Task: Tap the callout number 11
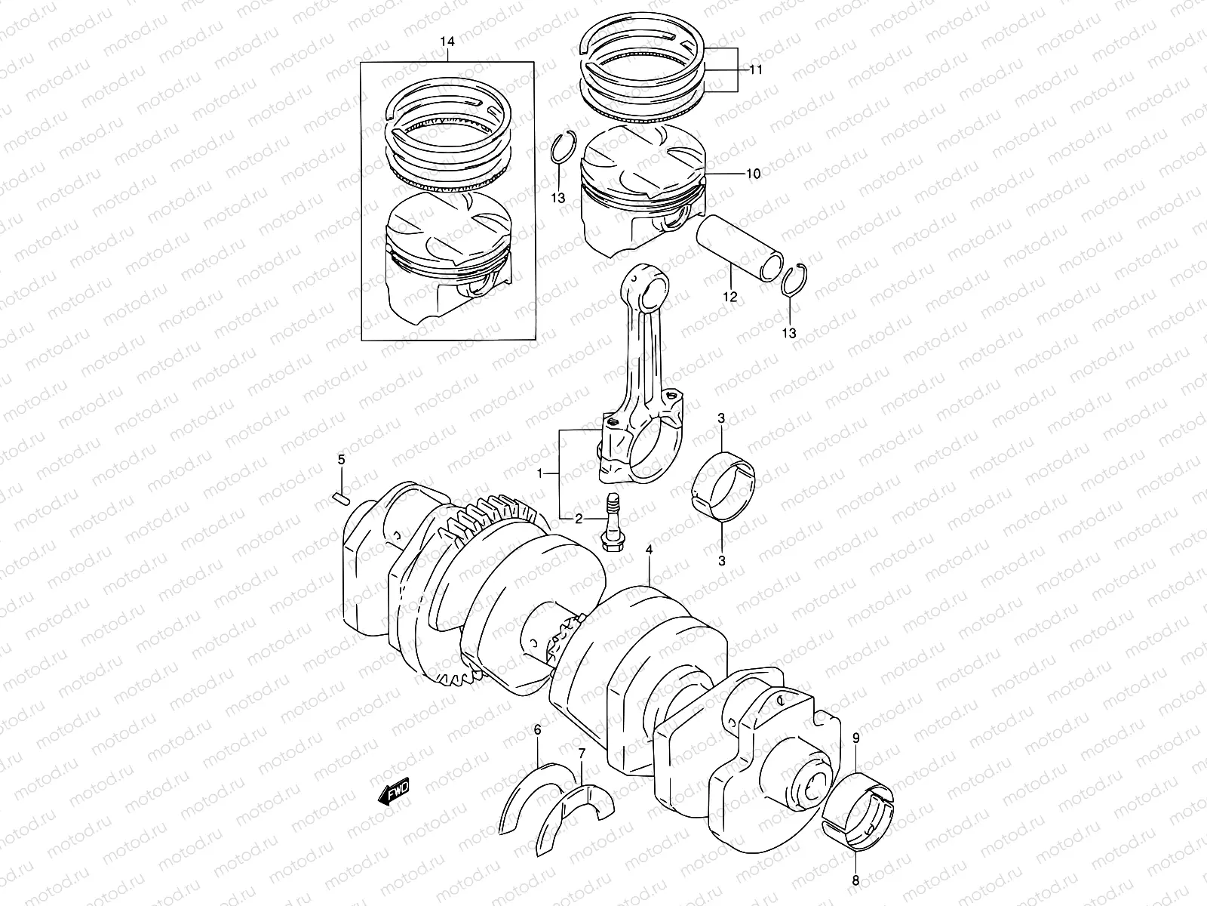point(755,69)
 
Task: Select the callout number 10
point(753,174)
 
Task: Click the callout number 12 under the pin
point(729,297)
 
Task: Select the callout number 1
point(539,473)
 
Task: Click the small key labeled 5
point(339,497)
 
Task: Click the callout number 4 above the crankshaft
point(649,550)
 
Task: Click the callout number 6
point(537,729)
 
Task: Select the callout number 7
point(582,753)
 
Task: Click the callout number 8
point(856,879)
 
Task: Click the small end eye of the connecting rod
point(650,290)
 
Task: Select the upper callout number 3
point(721,418)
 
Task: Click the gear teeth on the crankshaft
point(490,513)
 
